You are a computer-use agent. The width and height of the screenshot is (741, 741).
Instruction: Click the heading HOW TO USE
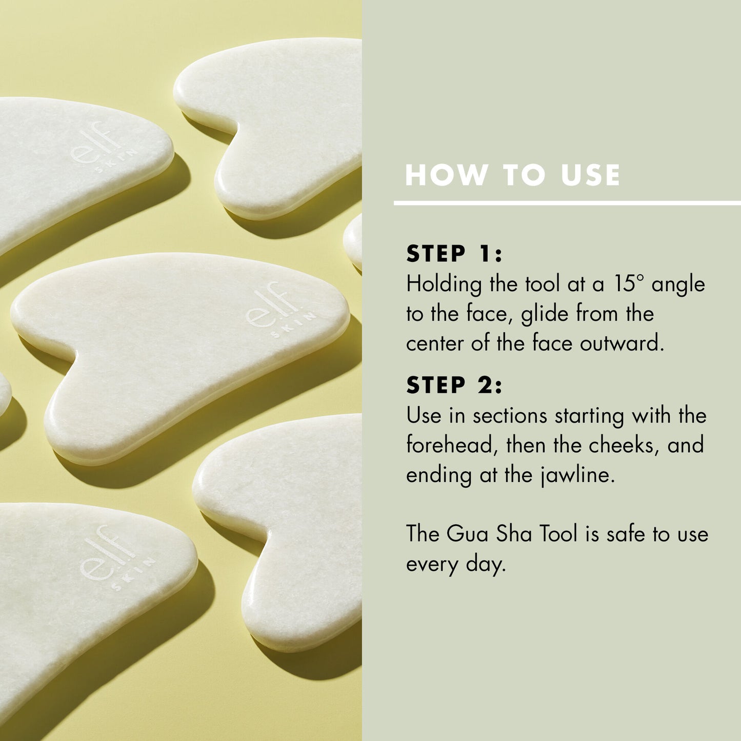tap(513, 175)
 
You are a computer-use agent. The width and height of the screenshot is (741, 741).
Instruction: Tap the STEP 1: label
tap(454, 253)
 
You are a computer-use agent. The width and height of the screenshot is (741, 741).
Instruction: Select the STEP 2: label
tap(454, 385)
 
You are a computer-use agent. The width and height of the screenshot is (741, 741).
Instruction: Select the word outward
tap(622, 343)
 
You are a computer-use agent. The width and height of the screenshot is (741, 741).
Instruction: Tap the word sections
tap(510, 416)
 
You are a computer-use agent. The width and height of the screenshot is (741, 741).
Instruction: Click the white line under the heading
tap(567, 203)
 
